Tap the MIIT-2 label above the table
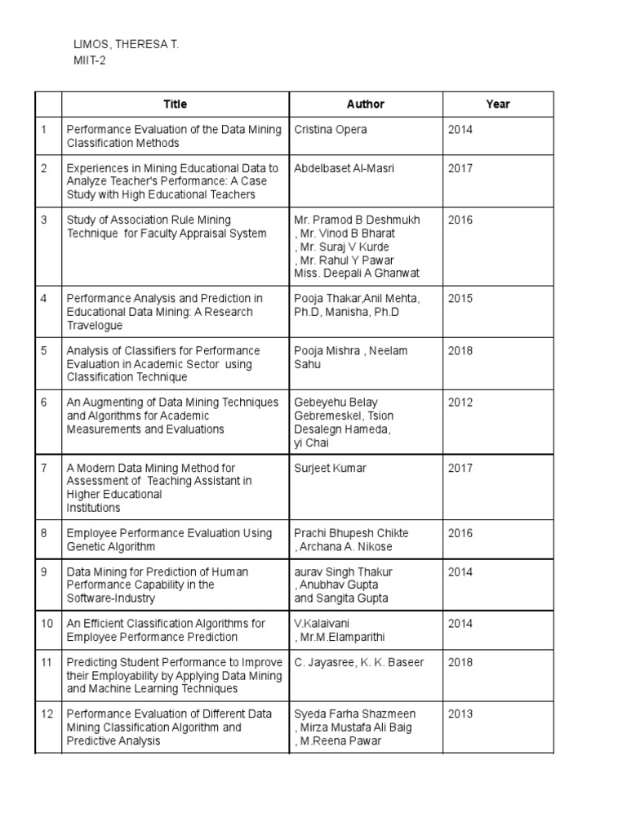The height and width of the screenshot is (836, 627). point(89,60)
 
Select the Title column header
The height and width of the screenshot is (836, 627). point(175,104)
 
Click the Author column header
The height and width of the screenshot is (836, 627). point(365,104)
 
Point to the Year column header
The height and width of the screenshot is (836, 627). point(497,104)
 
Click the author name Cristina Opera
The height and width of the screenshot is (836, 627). point(331,130)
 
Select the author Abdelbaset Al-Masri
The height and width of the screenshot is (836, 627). point(344,168)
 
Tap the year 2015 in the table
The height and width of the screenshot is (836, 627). point(460,299)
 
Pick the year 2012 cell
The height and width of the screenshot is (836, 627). point(460,402)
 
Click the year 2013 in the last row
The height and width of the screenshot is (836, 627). point(460,714)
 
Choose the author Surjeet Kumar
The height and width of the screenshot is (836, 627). point(331,468)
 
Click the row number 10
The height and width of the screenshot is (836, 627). point(47,624)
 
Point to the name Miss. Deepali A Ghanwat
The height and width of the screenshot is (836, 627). point(357,273)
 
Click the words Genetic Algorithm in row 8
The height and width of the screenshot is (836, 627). point(110,546)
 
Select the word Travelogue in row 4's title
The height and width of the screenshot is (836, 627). point(95,326)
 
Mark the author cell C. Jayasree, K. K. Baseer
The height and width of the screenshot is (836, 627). point(359,662)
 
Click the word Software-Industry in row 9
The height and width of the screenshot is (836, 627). point(110,598)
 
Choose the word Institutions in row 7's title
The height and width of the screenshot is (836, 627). point(93,508)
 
